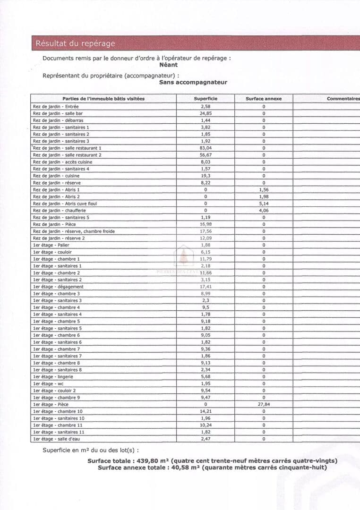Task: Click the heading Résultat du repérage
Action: (75, 43)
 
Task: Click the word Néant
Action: (168, 65)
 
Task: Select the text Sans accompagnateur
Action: (193, 82)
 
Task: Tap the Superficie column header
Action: (206, 99)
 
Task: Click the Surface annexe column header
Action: (263, 99)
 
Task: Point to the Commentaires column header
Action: (343, 99)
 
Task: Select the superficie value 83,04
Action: (206, 148)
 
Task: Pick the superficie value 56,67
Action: (206, 155)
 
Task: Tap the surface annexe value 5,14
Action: (264, 204)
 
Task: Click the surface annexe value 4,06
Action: (264, 211)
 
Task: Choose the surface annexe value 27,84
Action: (264, 405)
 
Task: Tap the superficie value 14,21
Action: (206, 411)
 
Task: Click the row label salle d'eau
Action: (67, 439)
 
